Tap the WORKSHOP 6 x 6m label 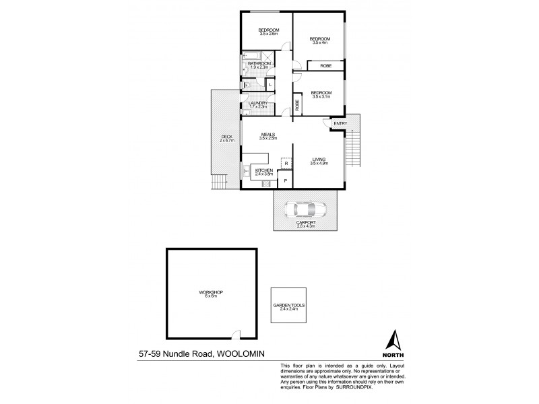click(x=210, y=294)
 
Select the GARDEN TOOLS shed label click(x=289, y=307)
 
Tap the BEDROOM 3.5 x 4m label click(x=319, y=40)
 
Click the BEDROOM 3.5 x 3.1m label click(x=320, y=94)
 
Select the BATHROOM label click(x=259, y=65)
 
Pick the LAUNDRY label click(x=258, y=104)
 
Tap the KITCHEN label click(x=263, y=172)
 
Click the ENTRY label click(x=340, y=123)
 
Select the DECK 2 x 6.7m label click(x=226, y=139)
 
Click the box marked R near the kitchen click(x=286, y=164)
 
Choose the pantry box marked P click(x=286, y=180)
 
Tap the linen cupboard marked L click(x=269, y=85)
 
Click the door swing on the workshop click(x=235, y=334)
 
